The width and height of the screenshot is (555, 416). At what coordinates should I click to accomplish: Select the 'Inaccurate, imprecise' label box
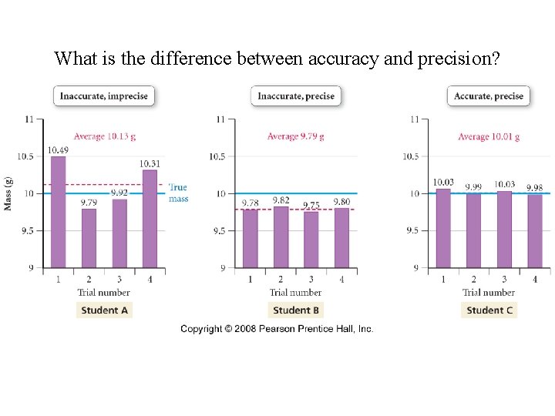[104, 96]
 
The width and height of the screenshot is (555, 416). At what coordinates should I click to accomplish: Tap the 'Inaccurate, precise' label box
[296, 96]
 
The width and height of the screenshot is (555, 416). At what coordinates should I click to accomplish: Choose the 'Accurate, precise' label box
[489, 96]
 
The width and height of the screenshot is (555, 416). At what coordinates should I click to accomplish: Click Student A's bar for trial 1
[58, 212]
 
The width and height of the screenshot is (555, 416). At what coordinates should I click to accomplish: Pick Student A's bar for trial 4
[150, 219]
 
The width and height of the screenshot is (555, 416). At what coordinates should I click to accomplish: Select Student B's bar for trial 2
[281, 237]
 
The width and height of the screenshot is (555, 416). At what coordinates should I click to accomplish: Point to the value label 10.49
[58, 150]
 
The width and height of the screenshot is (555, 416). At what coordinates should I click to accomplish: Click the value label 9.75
[311, 205]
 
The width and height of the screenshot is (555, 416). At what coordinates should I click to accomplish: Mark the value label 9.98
[534, 188]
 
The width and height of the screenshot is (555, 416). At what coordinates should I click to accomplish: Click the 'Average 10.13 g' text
[104, 136]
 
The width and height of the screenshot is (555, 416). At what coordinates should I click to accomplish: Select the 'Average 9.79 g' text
[296, 136]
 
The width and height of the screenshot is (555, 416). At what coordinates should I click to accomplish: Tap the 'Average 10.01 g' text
[489, 136]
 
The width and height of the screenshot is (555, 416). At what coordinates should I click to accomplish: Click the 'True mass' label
[178, 193]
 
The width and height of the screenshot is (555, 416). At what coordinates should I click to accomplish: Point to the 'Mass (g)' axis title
[8, 193]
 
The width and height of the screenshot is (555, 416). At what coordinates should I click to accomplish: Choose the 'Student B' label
[296, 310]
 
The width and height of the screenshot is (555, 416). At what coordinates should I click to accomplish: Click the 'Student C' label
[489, 310]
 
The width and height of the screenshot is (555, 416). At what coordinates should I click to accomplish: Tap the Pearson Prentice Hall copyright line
[277, 329]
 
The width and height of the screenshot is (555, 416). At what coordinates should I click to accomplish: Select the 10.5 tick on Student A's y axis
[25, 156]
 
